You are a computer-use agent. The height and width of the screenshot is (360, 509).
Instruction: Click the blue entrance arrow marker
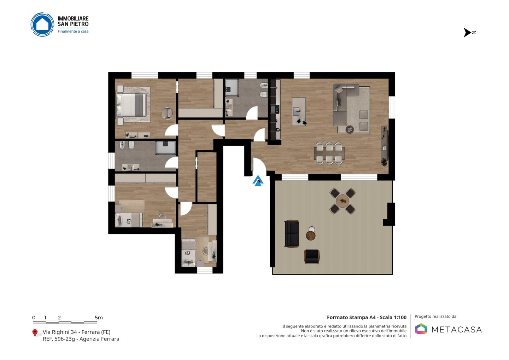coord(258,181)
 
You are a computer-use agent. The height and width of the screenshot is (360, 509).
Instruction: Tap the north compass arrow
coord(467,33)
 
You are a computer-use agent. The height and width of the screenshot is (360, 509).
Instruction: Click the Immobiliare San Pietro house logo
coord(42,24)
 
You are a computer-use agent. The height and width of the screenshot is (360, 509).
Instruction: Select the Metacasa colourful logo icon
coord(421,329)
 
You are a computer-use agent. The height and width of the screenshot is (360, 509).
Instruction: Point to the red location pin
coord(35,333)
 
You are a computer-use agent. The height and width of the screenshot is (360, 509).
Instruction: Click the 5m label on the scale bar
coord(99,318)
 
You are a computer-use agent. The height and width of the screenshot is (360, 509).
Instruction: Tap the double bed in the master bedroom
coord(131,105)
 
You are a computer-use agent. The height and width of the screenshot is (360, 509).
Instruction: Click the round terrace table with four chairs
coord(343,201)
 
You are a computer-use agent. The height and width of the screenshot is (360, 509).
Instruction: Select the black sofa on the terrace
coord(292,234)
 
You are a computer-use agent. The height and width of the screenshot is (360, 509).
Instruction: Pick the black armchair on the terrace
coord(312,257)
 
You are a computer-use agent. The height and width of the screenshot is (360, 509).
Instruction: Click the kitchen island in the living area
coord(299,112)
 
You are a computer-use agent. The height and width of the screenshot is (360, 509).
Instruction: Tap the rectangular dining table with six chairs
coord(329,153)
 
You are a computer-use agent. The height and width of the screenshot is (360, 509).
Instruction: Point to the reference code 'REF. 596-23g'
coord(59,339)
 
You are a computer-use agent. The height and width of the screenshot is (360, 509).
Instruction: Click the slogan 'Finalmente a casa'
coord(73,31)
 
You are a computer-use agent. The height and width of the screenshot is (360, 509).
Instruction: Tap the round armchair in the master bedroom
coord(168,113)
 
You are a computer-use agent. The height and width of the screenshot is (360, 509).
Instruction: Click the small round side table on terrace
coord(310,235)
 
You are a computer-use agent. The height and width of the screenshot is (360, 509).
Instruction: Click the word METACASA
coord(457,330)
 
